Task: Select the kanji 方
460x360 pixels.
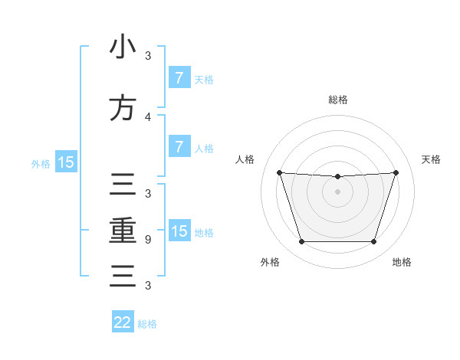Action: click(123, 108)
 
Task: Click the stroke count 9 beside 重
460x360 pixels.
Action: click(148, 240)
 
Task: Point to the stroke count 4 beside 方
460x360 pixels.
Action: click(148, 116)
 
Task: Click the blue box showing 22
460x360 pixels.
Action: click(123, 322)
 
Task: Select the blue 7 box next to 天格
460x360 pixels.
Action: click(179, 77)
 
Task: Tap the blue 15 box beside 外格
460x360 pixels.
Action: click(66, 162)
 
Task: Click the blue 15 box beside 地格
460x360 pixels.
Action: click(179, 231)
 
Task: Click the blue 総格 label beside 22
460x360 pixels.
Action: click(147, 324)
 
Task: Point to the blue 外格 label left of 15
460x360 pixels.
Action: click(40, 163)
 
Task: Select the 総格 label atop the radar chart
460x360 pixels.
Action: click(338, 100)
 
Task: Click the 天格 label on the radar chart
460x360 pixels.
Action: click(431, 159)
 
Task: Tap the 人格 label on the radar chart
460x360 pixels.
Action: click(245, 159)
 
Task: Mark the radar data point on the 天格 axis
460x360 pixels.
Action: click(396, 172)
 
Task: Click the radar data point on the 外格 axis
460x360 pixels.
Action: click(301, 242)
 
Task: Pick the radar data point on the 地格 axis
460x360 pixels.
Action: click(373, 242)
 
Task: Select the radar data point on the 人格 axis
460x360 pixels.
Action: click(279, 172)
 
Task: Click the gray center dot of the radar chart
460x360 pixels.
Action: click(337, 191)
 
